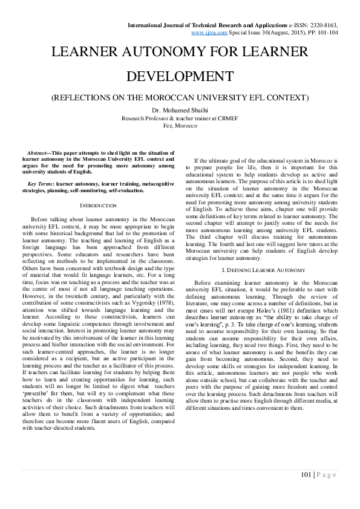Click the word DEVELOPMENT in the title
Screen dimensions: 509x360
click(x=180, y=77)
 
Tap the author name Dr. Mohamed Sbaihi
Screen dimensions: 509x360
click(x=180, y=110)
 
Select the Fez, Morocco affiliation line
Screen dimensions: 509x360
click(x=180, y=125)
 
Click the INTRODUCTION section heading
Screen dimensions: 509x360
click(x=98, y=206)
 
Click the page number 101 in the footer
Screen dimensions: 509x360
click(x=306, y=475)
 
